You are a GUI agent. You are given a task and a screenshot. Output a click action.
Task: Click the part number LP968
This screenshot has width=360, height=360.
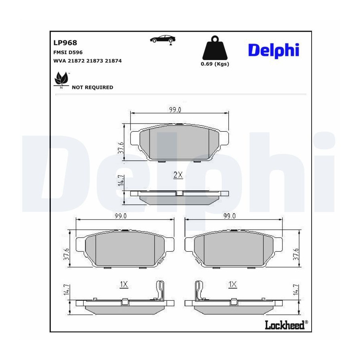pyautogui.click(x=65, y=43)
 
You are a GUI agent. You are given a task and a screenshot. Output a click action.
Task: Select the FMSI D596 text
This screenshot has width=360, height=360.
pyautogui.click(x=68, y=52)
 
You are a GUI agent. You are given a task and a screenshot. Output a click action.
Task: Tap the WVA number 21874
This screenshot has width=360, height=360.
pyautogui.click(x=113, y=61)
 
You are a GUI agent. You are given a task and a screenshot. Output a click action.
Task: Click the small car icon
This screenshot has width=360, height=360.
pyautogui.click(x=163, y=40)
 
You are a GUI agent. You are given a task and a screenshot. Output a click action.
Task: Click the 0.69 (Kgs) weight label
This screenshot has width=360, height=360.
pyautogui.click(x=215, y=64)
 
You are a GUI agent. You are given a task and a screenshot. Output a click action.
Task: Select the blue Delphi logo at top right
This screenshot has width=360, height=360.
pyautogui.click(x=274, y=50)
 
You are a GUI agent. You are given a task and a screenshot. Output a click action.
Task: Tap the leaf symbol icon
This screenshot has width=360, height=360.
pyautogui.click(x=61, y=80)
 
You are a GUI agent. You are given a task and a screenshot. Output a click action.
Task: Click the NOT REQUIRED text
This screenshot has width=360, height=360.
pyautogui.click(x=92, y=88)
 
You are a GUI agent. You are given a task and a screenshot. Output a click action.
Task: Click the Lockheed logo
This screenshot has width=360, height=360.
pyautogui.click(x=286, y=325)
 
